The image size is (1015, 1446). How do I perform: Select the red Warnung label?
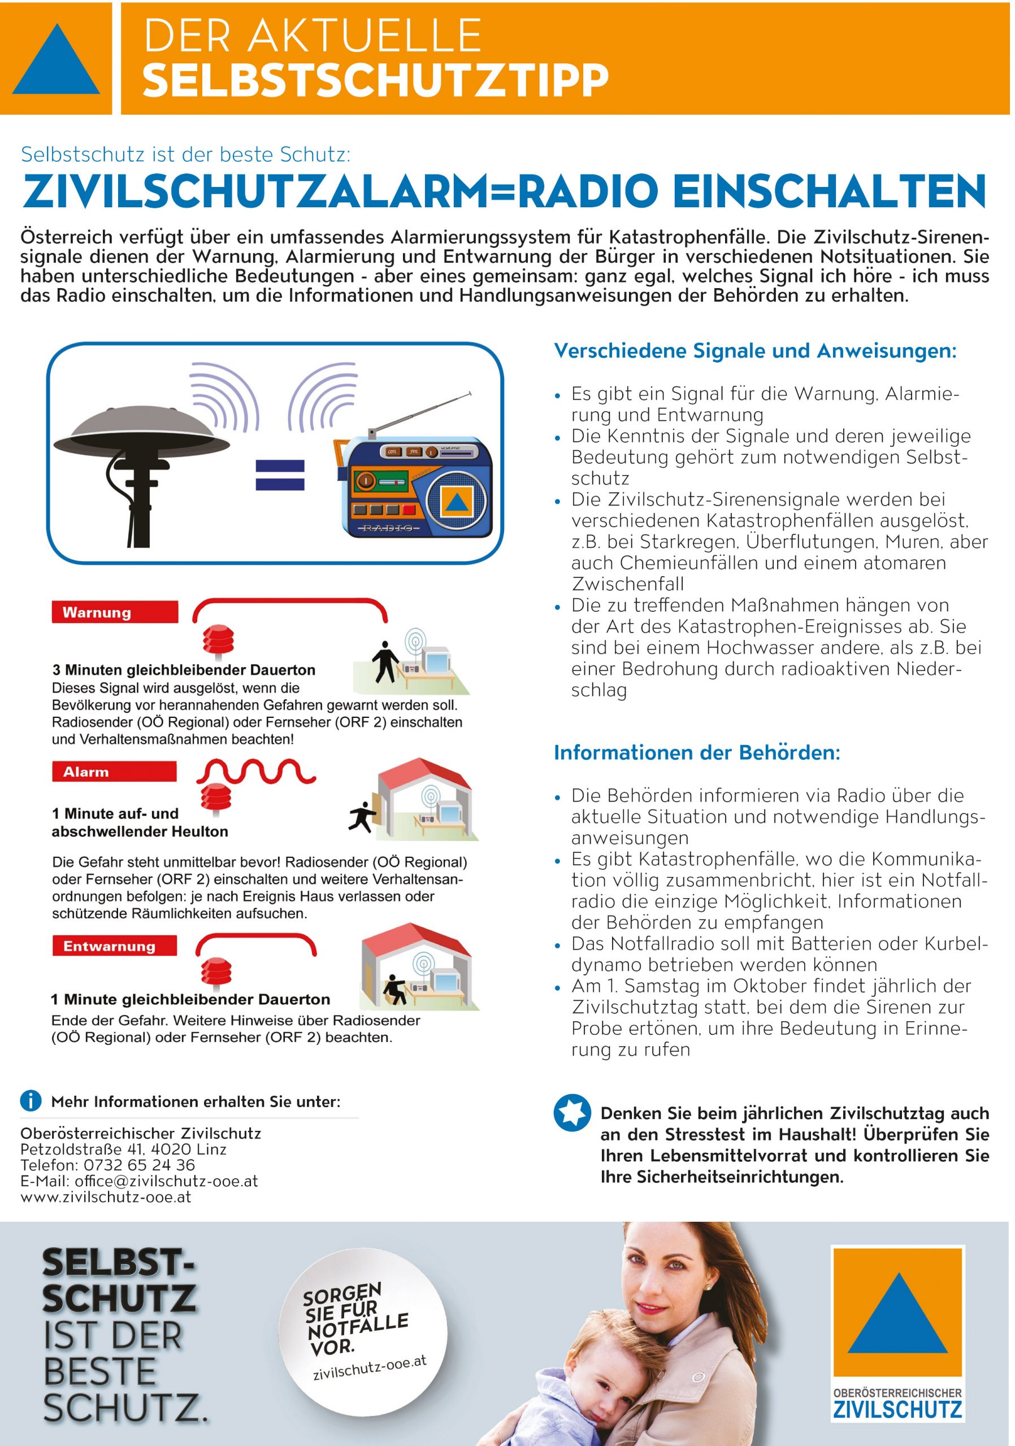tap(115, 612)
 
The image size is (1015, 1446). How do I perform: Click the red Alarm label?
tap(114, 772)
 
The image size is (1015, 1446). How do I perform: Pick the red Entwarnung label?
tap(114, 946)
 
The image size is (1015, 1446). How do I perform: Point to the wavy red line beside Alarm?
tap(256, 771)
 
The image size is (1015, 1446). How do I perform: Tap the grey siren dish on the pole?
tap(141, 432)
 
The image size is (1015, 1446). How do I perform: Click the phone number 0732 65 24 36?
tap(139, 1165)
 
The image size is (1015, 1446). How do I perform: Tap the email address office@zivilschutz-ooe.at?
tap(166, 1181)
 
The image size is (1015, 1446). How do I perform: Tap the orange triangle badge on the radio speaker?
tap(457, 502)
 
